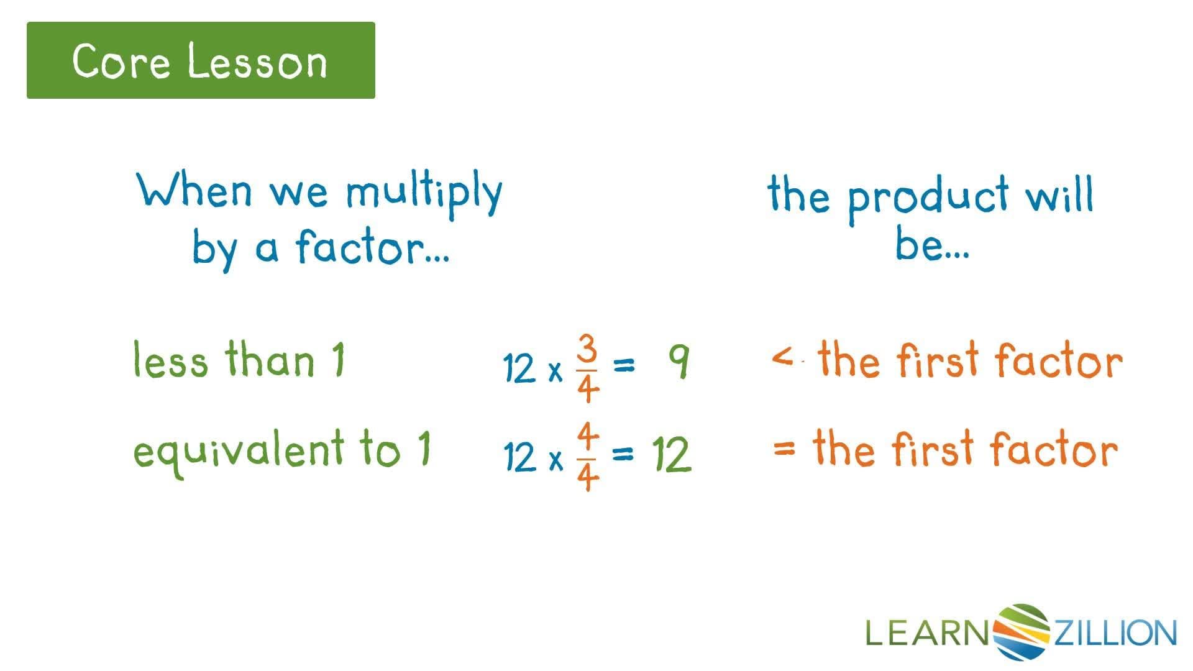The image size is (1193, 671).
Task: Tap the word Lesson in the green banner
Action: [x=257, y=61]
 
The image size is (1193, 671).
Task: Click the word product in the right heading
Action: [x=928, y=198]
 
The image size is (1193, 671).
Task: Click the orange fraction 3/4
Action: [x=587, y=368]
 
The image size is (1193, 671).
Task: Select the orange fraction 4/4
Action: [x=587, y=457]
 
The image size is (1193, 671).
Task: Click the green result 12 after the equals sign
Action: [x=671, y=455]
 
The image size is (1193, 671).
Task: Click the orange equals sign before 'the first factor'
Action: [x=784, y=447]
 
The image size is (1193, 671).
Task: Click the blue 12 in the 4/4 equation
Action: [x=519, y=457]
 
